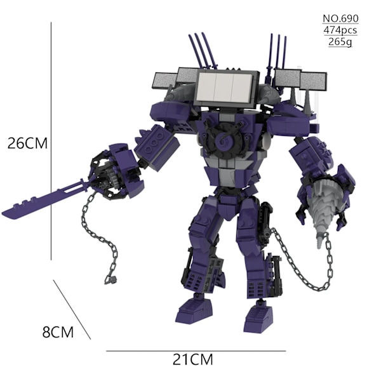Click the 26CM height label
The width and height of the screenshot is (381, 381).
tap(27, 143)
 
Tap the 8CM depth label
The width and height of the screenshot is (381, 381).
tap(58, 332)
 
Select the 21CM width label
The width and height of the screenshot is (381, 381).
tap(192, 359)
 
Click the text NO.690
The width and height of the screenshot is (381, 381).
tap(340, 18)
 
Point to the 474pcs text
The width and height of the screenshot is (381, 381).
tap(340, 30)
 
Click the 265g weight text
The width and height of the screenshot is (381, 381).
tap(340, 42)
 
